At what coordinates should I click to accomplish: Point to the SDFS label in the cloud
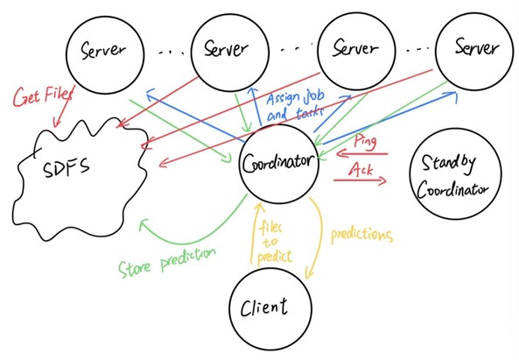pos(67,167)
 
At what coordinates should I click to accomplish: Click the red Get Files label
pos(44,95)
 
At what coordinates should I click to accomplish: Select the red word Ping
pos(366,141)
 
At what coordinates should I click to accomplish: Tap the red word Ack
pos(361,169)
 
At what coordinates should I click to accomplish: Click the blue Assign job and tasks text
pos(295,106)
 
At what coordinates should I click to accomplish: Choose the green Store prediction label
pos(167,263)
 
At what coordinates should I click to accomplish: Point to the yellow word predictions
pos(361,235)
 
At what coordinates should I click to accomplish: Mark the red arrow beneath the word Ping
pos(361,153)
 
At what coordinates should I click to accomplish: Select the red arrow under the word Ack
pos(360,180)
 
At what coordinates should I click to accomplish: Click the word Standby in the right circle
pos(449,163)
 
